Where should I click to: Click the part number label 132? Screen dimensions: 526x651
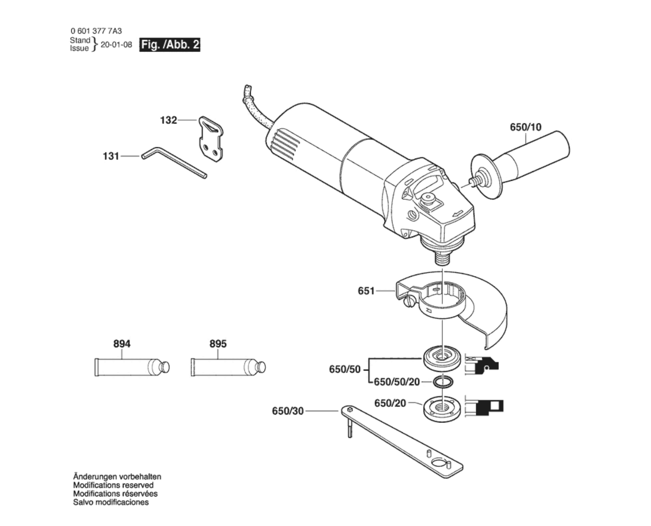[168, 120]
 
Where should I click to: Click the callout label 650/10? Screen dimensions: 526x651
[525, 127]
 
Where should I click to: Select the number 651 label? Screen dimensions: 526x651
[366, 291]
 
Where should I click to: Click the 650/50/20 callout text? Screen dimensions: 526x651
[397, 382]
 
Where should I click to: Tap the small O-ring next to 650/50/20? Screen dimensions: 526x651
[443, 382]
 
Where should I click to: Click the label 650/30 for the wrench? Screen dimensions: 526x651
[288, 411]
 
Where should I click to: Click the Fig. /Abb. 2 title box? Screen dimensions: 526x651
[170, 45]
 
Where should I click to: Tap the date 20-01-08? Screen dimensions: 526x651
[116, 45]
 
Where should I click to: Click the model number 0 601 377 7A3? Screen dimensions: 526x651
[96, 31]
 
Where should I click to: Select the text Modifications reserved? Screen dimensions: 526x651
[113, 485]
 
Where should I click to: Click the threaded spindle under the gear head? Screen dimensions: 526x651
[443, 258]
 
